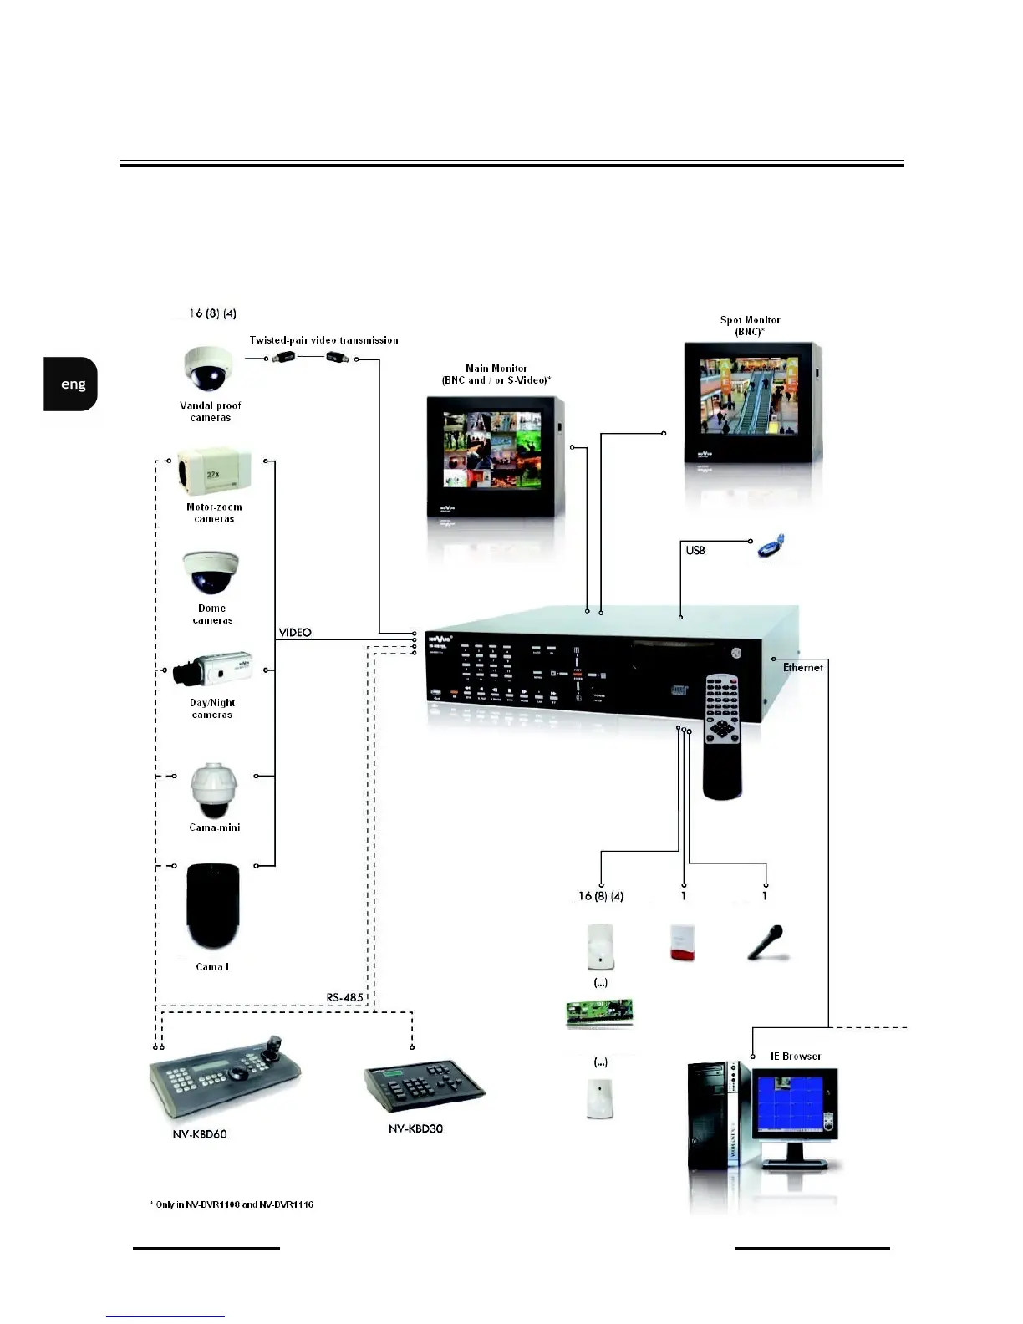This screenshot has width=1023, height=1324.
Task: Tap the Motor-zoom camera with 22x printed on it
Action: pyautogui.click(x=214, y=471)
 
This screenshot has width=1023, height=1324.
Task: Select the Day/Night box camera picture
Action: pyautogui.click(x=213, y=669)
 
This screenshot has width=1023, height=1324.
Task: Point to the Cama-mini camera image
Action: pyautogui.click(x=214, y=790)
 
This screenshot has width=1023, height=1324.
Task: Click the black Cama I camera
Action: pyautogui.click(x=213, y=907)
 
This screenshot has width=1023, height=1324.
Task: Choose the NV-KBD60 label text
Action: pyautogui.click(x=200, y=1134)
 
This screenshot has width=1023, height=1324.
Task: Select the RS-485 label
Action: pyautogui.click(x=344, y=997)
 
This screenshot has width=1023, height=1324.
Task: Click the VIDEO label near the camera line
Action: pyautogui.click(x=295, y=633)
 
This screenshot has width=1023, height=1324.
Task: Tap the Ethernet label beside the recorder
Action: pyautogui.click(x=802, y=667)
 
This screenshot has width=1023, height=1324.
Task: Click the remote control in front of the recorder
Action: pyautogui.click(x=721, y=736)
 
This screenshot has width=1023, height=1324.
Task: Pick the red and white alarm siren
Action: pyautogui.click(x=682, y=942)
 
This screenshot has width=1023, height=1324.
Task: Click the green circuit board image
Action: pyautogui.click(x=599, y=1012)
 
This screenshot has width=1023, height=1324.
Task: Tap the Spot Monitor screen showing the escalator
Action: pyautogui.click(x=748, y=396)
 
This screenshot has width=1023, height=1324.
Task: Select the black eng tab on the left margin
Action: pyautogui.click(x=72, y=384)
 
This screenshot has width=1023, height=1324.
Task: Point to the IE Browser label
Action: pyautogui.click(x=795, y=1057)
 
